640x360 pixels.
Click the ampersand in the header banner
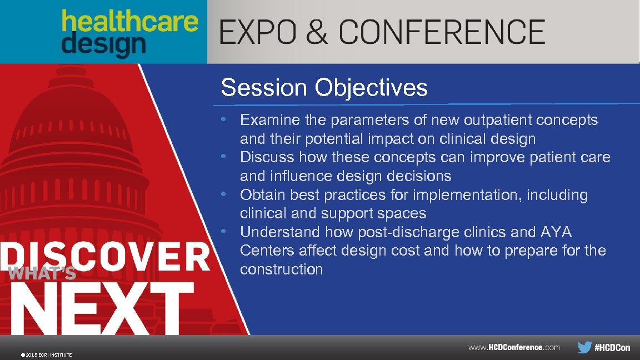click(317, 32)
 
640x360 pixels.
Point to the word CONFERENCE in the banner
click(442, 32)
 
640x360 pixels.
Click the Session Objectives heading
click(324, 88)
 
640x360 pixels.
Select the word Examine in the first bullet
click(269, 120)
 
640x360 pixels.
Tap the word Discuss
click(267, 157)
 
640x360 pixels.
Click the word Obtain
click(263, 195)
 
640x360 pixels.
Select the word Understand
click(280, 232)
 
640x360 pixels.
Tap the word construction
click(281, 269)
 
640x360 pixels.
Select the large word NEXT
click(97, 306)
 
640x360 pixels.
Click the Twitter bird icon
click(584, 348)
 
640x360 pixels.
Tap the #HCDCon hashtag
click(612, 348)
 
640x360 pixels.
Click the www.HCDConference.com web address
click(514, 348)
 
